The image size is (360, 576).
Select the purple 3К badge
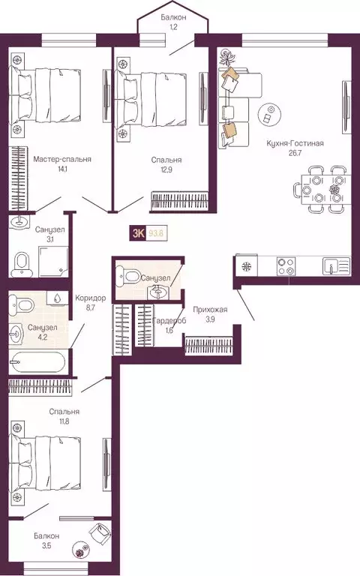139,233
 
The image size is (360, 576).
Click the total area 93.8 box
156,233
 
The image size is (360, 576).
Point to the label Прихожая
210,309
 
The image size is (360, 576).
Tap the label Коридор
90,298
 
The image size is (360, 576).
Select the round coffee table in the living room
267,115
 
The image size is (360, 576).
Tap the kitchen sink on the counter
334,266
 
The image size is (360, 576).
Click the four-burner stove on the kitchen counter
286,266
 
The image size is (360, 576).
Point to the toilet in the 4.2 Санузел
20,305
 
